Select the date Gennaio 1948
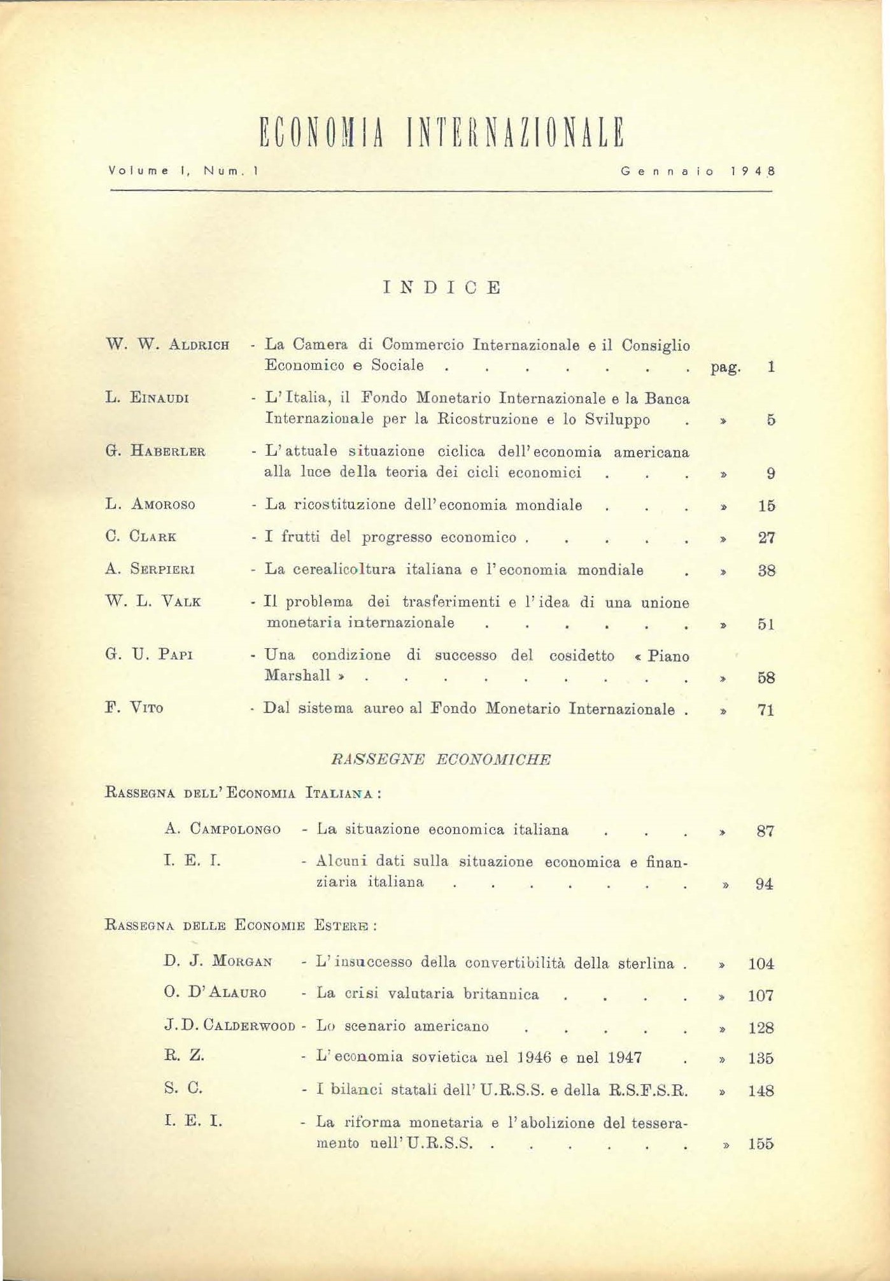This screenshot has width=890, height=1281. tap(698, 171)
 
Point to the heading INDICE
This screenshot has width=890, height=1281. tap(442, 288)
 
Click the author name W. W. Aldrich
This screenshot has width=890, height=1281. tap(167, 345)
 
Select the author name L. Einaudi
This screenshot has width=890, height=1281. tap(147, 399)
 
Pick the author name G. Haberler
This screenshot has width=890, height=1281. tap(155, 451)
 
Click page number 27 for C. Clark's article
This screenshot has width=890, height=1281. tap(766, 538)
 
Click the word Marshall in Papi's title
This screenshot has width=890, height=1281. tap(298, 676)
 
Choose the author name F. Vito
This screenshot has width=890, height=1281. tap(134, 707)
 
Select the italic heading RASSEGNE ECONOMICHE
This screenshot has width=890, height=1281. tap(441, 759)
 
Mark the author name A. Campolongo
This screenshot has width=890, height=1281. tap(222, 829)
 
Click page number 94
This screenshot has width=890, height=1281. tap(764, 884)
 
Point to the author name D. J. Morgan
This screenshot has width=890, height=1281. tap(218, 961)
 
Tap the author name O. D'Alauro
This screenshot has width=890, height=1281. tap(215, 993)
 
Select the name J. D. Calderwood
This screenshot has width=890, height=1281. tap(229, 1026)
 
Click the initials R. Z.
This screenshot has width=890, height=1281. tap(184, 1055)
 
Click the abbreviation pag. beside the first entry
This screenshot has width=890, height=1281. tap(725, 367)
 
